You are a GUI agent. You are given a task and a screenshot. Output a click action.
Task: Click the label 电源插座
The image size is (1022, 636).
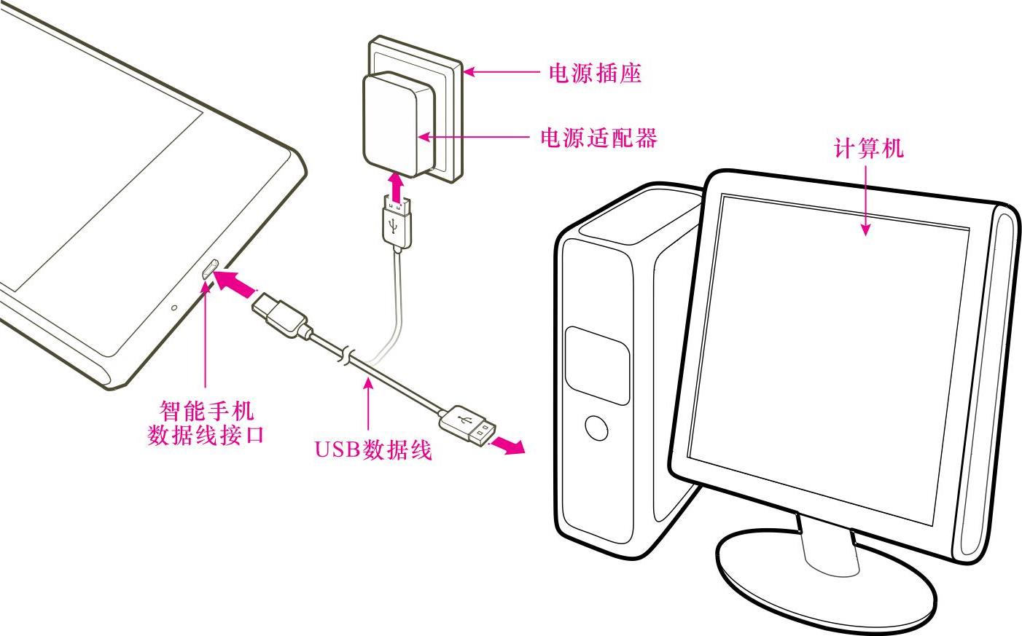[594, 73]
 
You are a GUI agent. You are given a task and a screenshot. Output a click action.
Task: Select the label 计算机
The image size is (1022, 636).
[867, 149]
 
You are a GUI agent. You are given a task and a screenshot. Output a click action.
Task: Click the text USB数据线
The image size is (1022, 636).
[373, 449]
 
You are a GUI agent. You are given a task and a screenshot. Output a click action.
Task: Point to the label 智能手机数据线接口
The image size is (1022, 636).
[206, 423]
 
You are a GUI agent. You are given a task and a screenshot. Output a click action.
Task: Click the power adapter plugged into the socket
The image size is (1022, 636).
[392, 124]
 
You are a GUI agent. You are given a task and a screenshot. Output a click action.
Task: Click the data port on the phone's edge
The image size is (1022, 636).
[209, 269]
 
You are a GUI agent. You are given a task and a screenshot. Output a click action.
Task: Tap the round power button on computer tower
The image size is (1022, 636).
[596, 428]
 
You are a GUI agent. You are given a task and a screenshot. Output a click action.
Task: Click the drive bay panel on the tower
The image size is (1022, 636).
[597, 364]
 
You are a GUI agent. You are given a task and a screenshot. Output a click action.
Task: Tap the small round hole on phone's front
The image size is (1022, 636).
[173, 307]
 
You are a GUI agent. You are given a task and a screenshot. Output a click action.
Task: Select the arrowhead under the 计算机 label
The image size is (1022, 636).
[865, 229]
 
